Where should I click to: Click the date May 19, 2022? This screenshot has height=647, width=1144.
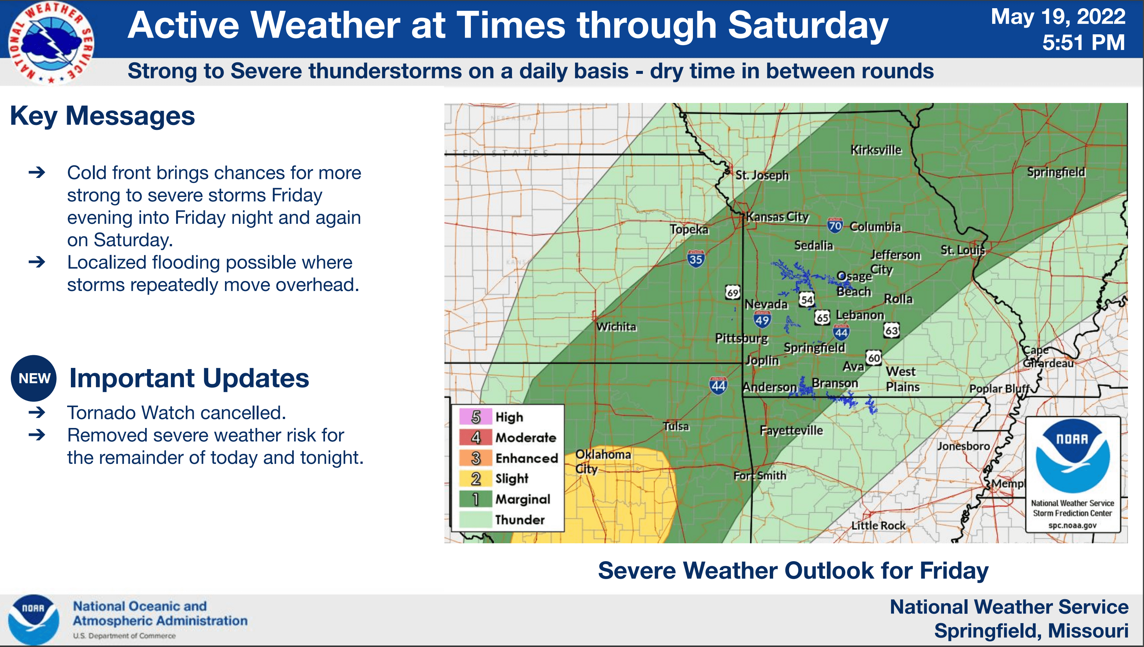point(1058,17)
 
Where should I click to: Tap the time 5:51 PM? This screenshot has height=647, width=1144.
point(1083,43)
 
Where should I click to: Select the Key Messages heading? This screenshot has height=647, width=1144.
point(102,116)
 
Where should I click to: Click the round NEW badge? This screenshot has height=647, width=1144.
point(34,378)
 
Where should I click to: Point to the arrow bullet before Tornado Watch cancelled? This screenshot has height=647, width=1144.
point(37,412)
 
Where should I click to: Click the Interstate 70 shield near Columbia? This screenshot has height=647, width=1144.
point(835,225)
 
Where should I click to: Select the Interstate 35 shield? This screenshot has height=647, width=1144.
point(695,259)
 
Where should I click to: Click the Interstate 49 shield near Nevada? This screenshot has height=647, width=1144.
point(762,319)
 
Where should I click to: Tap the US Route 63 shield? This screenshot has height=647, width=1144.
point(891,330)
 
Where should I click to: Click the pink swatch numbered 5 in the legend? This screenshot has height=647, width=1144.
point(475,417)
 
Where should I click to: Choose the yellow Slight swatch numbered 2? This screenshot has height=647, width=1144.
point(475,479)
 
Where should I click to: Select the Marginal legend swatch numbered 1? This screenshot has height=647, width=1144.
point(475,499)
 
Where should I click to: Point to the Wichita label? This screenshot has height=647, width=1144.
point(616,326)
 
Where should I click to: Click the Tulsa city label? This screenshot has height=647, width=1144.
point(676,426)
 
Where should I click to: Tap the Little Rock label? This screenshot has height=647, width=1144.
point(878,525)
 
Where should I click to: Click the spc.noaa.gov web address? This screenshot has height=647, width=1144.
point(1072,525)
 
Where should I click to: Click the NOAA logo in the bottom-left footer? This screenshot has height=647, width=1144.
point(34,619)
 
